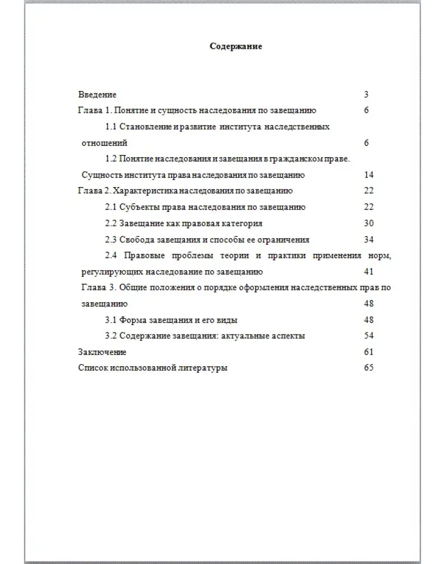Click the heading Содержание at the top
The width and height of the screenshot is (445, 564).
(x=236, y=46)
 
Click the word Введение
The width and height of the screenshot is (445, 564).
(x=97, y=95)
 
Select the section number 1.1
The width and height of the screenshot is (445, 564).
(x=111, y=127)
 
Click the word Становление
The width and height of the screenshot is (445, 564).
(x=142, y=127)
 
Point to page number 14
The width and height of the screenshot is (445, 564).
(x=369, y=175)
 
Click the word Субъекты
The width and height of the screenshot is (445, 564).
(x=136, y=207)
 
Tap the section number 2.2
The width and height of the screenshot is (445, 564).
(x=111, y=223)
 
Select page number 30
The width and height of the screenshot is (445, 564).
(x=369, y=223)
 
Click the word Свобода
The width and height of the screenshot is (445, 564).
(x=135, y=240)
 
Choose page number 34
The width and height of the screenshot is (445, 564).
(x=369, y=240)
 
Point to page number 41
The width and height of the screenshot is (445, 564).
(x=369, y=272)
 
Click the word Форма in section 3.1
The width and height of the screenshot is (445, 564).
(x=131, y=320)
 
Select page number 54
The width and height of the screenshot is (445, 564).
(x=369, y=336)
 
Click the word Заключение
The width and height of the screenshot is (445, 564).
(x=102, y=352)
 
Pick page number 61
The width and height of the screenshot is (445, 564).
(x=369, y=352)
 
